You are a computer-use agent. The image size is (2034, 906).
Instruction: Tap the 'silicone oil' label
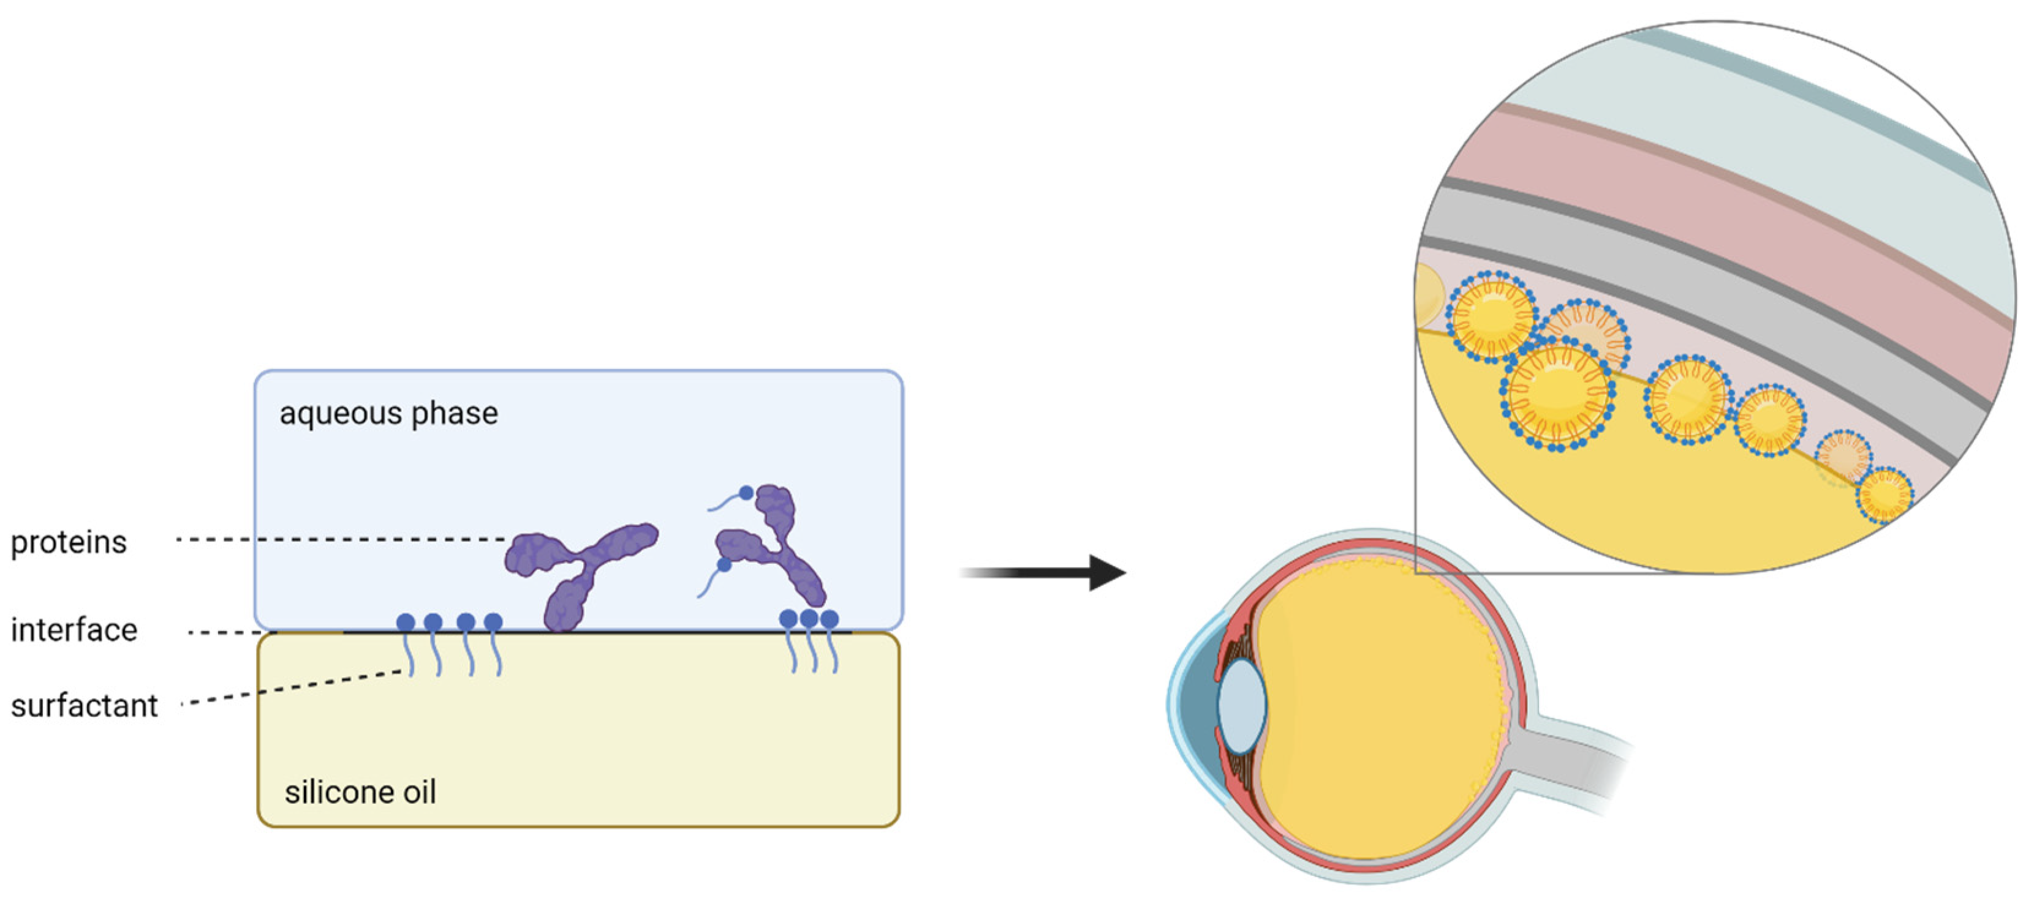360,792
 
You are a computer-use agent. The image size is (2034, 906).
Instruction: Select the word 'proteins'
69,542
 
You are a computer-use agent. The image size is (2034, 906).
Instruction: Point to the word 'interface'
74,630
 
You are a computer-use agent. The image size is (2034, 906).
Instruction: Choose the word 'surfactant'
85,705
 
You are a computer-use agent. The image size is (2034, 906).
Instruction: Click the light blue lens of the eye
1241,704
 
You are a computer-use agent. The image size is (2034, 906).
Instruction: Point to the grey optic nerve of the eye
1571,758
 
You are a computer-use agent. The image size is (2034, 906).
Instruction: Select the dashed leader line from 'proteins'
339,540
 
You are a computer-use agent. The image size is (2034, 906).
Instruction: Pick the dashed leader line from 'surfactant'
292,687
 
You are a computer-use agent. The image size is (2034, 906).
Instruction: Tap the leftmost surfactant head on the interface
406,623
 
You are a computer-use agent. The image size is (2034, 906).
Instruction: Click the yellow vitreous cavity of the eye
1382,710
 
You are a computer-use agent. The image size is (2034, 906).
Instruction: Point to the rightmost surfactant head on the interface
829,620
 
